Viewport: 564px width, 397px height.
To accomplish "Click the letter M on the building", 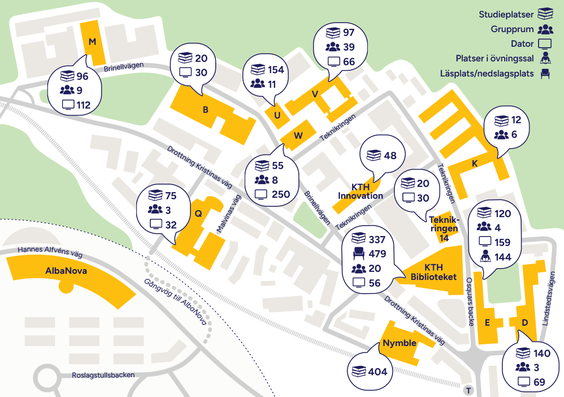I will click(92, 42).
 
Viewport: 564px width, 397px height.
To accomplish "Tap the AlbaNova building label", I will click(66, 271).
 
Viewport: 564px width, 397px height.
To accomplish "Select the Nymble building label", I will click(399, 343).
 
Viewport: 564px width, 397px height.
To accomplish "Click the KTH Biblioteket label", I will click(433, 272).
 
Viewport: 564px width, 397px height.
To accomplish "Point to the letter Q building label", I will click(198, 213).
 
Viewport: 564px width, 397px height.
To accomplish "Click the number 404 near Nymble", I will click(377, 372).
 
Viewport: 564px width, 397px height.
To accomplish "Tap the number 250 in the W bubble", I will click(281, 194).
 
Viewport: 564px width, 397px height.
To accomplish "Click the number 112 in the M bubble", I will click(83, 105).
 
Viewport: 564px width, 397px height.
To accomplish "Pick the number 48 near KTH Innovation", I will click(390, 156).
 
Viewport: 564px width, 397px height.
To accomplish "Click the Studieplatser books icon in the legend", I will click(546, 14).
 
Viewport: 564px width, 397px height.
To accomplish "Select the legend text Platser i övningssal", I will click(495, 59).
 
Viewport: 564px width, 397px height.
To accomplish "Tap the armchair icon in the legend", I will click(546, 74).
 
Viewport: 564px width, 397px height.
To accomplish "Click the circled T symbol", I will click(468, 390).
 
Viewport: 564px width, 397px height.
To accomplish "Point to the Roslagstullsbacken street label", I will click(103, 375).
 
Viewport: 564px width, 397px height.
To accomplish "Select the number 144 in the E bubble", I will click(502, 258).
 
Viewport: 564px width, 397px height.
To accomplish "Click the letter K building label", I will click(475, 163).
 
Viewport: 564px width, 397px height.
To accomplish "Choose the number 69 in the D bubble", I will click(539, 382).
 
